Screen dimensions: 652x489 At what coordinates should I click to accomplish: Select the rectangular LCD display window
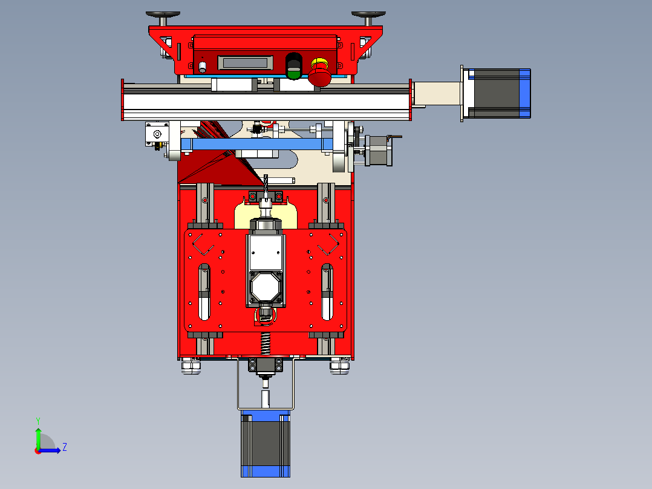coord(246,63)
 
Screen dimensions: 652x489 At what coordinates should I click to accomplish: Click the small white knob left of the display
coord(203,67)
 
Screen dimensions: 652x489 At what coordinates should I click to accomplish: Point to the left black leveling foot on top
coord(163,16)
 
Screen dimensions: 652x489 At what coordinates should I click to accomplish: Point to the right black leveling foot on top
coord(368,16)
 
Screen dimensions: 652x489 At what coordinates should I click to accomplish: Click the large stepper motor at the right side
coord(496,94)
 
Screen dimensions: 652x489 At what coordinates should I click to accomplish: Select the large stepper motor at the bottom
coord(266,443)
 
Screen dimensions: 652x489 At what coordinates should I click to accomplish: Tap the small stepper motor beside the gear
coord(379,151)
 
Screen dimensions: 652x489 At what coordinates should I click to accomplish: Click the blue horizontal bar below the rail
coord(257,145)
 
